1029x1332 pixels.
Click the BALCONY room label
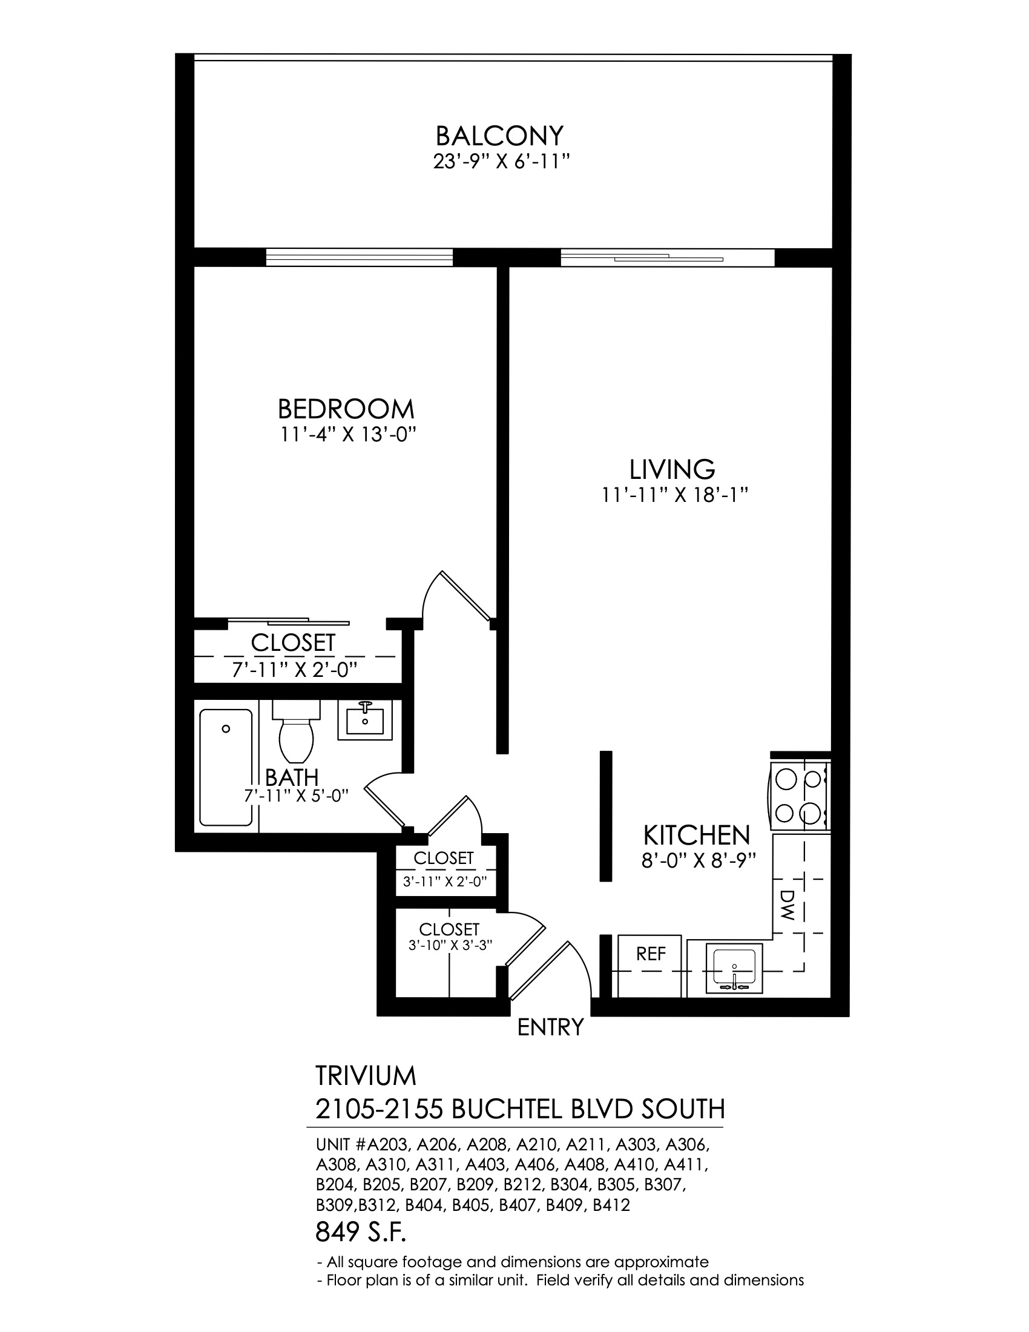click(x=499, y=135)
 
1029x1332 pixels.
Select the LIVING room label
click(x=672, y=470)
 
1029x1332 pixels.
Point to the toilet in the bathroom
click(x=296, y=731)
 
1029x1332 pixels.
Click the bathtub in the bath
click(x=226, y=767)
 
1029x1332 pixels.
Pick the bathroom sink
click(x=365, y=720)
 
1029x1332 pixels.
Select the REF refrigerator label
click(x=651, y=954)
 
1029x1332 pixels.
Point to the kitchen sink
click(x=735, y=968)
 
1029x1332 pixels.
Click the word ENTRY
click(x=550, y=1027)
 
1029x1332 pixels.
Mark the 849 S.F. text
click(x=361, y=1233)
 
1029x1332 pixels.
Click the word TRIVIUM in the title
click(x=366, y=1076)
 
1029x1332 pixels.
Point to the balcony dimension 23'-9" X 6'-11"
click(x=502, y=162)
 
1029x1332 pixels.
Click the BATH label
click(x=292, y=777)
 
